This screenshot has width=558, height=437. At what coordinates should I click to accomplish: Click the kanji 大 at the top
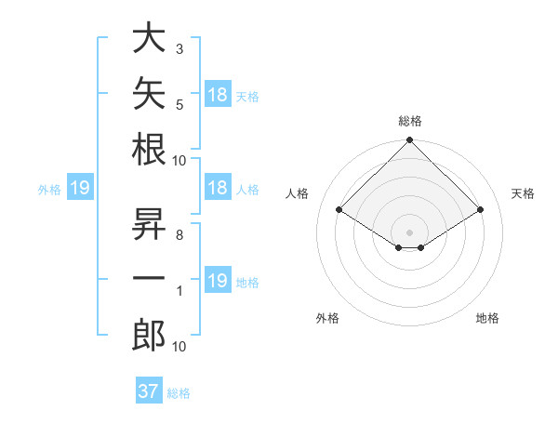pyautogui.click(x=149, y=37)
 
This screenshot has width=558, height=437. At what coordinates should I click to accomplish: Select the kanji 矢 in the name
pyautogui.click(x=149, y=93)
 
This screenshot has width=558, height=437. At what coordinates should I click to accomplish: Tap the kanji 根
pyautogui.click(x=149, y=149)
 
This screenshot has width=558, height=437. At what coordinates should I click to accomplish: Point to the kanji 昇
pyautogui.click(x=149, y=223)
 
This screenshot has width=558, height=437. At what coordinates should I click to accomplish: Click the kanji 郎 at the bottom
pyautogui.click(x=149, y=335)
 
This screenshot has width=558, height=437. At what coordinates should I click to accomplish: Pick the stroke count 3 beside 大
pyautogui.click(x=179, y=49)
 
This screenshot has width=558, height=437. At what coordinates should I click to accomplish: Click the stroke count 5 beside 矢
pyautogui.click(x=179, y=105)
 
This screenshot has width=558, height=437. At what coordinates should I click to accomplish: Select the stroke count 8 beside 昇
pyautogui.click(x=179, y=235)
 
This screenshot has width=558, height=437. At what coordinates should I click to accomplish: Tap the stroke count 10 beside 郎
pyautogui.click(x=179, y=347)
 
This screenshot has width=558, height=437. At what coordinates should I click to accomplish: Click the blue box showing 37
pyautogui.click(x=149, y=390)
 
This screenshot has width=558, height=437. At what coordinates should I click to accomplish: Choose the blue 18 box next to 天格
pyautogui.click(x=219, y=93)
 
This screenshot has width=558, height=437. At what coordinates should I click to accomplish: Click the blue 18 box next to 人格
pyautogui.click(x=219, y=187)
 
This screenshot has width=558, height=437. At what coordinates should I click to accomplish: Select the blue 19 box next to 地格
pyautogui.click(x=219, y=279)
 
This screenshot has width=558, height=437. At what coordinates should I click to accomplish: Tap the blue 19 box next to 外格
pyautogui.click(x=80, y=187)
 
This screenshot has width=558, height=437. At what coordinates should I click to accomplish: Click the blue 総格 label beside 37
pyautogui.click(x=179, y=393)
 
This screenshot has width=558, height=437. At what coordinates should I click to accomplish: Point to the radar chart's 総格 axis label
pyautogui.click(x=410, y=121)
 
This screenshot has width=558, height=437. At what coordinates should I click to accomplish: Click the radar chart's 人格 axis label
pyautogui.click(x=297, y=193)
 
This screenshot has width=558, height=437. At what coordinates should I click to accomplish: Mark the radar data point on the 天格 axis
pyautogui.click(x=480, y=209)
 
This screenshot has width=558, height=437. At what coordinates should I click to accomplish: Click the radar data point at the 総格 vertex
pyautogui.click(x=409, y=139)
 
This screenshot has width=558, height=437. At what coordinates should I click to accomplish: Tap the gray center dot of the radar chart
pyautogui.click(x=409, y=232)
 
